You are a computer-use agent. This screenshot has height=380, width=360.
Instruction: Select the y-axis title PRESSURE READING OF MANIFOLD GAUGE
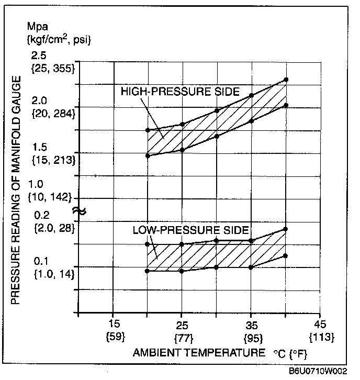pos(16,189)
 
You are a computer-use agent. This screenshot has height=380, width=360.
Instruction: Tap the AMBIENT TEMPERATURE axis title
pos(199,352)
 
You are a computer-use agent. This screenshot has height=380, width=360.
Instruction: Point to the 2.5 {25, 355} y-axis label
pos(54,62)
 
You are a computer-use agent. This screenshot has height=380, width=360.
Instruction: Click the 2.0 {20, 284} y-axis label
pos(54,107)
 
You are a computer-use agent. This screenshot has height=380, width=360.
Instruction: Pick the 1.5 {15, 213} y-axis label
pos(54,153)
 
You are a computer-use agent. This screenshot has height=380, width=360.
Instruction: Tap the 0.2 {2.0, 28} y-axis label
pos(54,222)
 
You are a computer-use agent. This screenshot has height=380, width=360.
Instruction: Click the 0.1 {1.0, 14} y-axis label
pos(54,267)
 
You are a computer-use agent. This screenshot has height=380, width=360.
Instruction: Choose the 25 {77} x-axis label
pos(182,330)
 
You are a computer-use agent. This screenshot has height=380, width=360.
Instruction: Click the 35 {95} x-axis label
pos(251,330)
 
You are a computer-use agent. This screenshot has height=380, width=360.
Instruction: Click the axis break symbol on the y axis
pos(79,211)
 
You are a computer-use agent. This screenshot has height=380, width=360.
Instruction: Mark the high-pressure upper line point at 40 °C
pos(286,80)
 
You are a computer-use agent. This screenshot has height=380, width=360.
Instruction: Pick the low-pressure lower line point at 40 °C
pos(286,255)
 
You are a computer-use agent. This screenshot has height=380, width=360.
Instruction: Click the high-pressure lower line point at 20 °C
pos(148,155)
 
